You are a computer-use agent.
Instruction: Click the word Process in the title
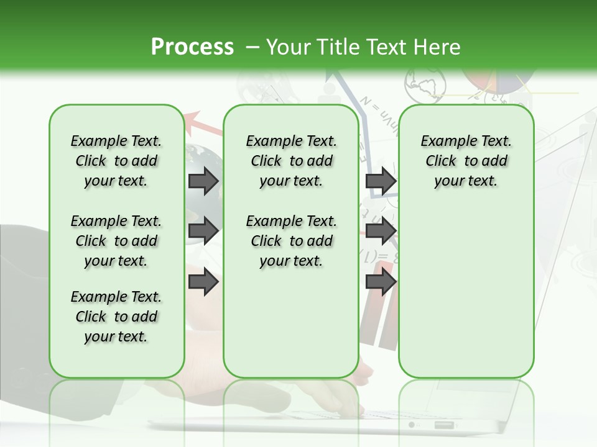tap(192, 47)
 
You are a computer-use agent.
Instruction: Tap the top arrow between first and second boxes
tap(203, 181)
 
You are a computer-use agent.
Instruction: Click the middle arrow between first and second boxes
tap(203, 231)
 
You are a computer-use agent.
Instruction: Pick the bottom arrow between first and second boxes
tap(203, 281)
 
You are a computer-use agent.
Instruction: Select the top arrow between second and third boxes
tap(381, 181)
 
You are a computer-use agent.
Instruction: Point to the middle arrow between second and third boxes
tap(381, 231)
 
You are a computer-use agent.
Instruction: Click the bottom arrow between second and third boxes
tap(381, 281)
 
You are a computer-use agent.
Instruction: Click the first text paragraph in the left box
tap(116, 161)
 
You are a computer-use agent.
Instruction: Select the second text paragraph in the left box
tap(116, 241)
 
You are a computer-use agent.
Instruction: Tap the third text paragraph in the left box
tap(116, 317)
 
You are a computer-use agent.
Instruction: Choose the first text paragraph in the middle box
tap(291, 161)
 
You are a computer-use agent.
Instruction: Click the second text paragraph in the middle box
tap(291, 241)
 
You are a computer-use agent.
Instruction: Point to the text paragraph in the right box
tap(466, 161)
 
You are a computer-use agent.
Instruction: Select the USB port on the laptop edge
tap(444, 425)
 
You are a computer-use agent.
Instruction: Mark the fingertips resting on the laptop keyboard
tap(348, 407)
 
